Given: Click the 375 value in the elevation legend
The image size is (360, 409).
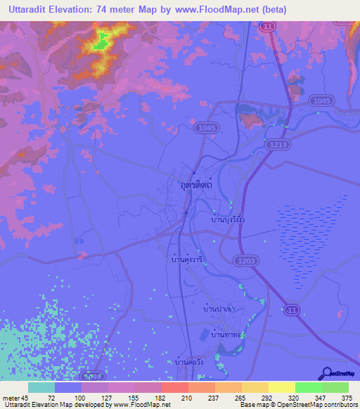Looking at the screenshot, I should coord(347,397).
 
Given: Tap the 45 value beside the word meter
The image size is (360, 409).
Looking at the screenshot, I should coord(25,397).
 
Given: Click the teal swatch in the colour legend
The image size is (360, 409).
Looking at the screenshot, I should coord(41,387).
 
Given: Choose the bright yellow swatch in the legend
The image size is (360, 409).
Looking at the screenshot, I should coord(281,387).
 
